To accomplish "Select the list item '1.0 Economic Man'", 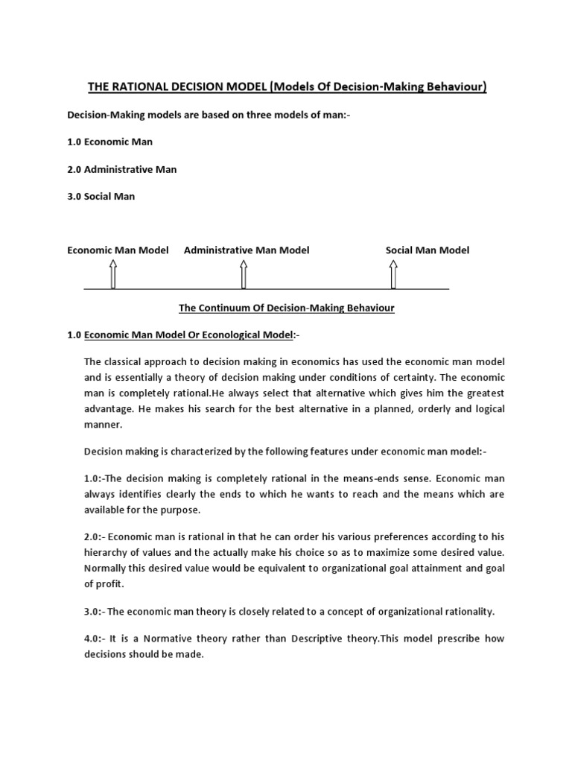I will coord(110,142).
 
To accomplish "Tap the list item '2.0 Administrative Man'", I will coord(122,169).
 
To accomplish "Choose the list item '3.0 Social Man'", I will coord(101,197).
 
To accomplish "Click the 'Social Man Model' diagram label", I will coord(428,250).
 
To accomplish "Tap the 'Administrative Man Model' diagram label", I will coord(247,250).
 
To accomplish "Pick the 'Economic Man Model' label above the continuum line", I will coord(118,250).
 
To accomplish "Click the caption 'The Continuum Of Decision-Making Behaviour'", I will coord(286,308).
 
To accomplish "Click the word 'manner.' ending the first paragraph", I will coord(103,425).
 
